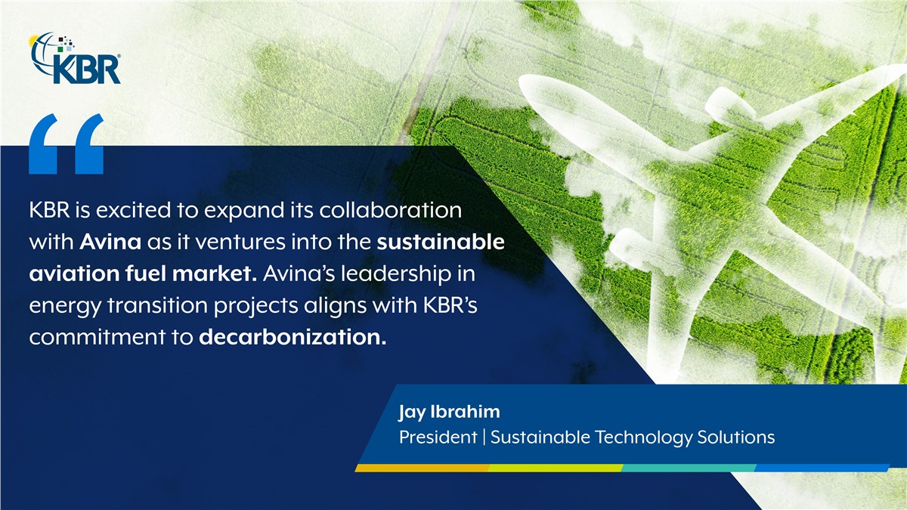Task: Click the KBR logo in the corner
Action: point(76,58)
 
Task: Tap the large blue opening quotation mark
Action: point(66,144)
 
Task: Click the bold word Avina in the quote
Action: point(110,242)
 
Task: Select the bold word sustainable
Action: point(441,242)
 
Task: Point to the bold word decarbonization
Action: point(293,337)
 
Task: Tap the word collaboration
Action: point(390,210)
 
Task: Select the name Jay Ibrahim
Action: point(450,413)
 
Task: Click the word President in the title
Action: point(438,437)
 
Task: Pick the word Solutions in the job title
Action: point(735,437)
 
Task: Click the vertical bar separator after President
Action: point(484,437)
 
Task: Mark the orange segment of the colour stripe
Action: point(423,468)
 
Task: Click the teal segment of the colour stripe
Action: point(689,468)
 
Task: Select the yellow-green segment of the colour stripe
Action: point(556,468)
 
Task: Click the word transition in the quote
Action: point(157,305)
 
